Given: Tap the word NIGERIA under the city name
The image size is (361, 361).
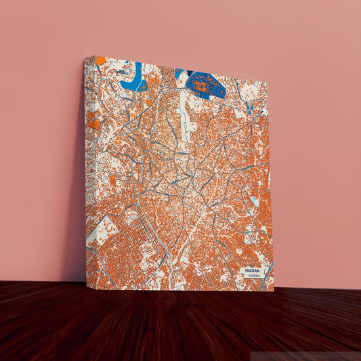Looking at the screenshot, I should coord(254,276).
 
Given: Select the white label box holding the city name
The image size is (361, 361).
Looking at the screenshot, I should coord(251,272).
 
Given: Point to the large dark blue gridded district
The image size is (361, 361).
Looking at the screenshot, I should coord(206,85).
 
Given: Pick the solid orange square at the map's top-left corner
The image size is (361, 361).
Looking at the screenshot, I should coord(100,60).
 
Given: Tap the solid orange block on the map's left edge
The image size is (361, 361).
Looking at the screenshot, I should coord(93,124).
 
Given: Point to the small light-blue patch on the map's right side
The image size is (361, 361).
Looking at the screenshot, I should coord(255,200).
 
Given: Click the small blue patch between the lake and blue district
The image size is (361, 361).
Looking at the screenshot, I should coord(179,72).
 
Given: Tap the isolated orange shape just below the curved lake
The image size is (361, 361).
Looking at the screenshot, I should coord(148,103).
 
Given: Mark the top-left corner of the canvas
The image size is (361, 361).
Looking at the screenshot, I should coord(85,56).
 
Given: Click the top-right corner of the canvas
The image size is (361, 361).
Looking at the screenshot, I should coord(268,83).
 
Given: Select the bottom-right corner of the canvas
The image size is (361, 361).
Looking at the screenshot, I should coord(274,291).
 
